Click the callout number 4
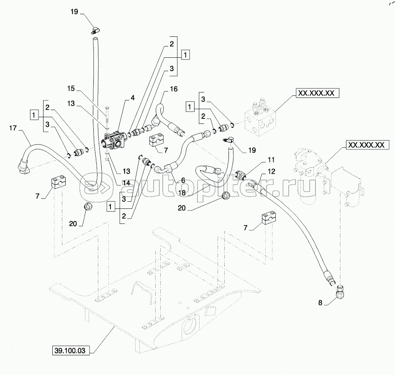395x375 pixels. tap(133, 98)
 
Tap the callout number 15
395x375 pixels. tap(72, 88)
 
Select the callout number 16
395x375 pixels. tap(174, 89)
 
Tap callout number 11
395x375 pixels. tap(271, 160)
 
